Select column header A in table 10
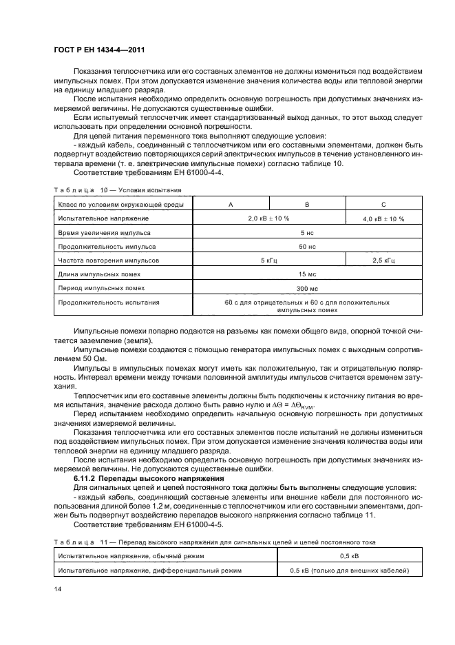[x=230, y=204]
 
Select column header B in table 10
[x=306, y=204]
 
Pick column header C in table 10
[x=383, y=204]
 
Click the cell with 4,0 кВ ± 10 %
[x=383, y=218]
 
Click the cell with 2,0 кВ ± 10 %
[x=268, y=218]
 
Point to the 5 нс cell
[x=307, y=234]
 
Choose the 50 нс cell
[x=307, y=246]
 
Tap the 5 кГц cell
[x=268, y=261]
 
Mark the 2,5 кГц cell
[x=383, y=261]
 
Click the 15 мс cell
[x=307, y=275]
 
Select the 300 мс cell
[x=307, y=288]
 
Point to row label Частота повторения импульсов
[x=109, y=261]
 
